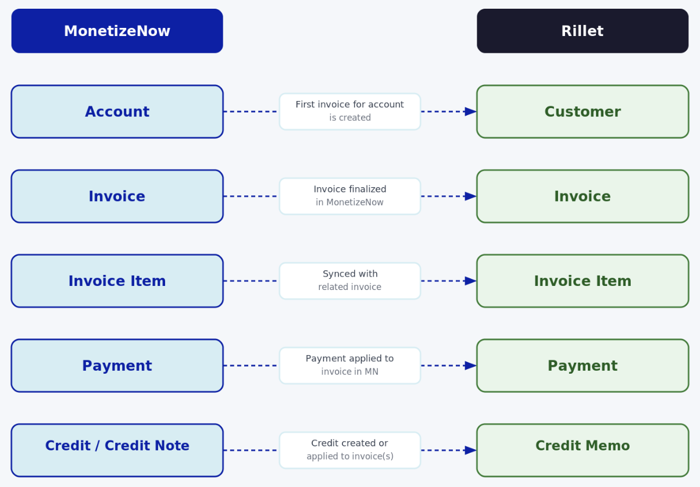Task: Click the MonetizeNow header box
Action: pos(117,31)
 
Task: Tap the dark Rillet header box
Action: pos(583,31)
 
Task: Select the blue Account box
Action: pos(117,112)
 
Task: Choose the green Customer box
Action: pos(583,112)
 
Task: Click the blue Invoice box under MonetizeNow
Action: pos(117,196)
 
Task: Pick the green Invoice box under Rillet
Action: pos(583,196)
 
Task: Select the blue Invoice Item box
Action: pos(117,281)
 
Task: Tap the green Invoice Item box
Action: pos(583,281)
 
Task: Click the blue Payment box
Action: pos(117,366)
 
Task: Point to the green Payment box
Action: pos(583,366)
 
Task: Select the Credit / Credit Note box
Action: pos(117,450)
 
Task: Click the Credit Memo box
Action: pos(583,450)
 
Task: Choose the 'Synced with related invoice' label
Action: pos(349,281)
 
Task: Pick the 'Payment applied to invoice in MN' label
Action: pos(349,366)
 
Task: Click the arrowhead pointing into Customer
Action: pos(470,112)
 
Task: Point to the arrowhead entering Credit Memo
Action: pos(470,450)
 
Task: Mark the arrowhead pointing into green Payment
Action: pos(470,366)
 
